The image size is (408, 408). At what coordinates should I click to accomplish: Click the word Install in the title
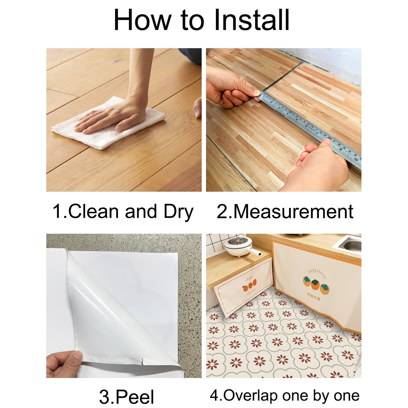(x=252, y=20)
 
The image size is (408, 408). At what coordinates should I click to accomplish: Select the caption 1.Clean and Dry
(x=123, y=211)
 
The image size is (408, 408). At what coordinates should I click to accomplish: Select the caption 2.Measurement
(x=285, y=211)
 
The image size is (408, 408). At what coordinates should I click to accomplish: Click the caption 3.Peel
(x=126, y=396)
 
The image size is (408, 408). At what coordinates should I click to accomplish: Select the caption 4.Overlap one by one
(x=285, y=396)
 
